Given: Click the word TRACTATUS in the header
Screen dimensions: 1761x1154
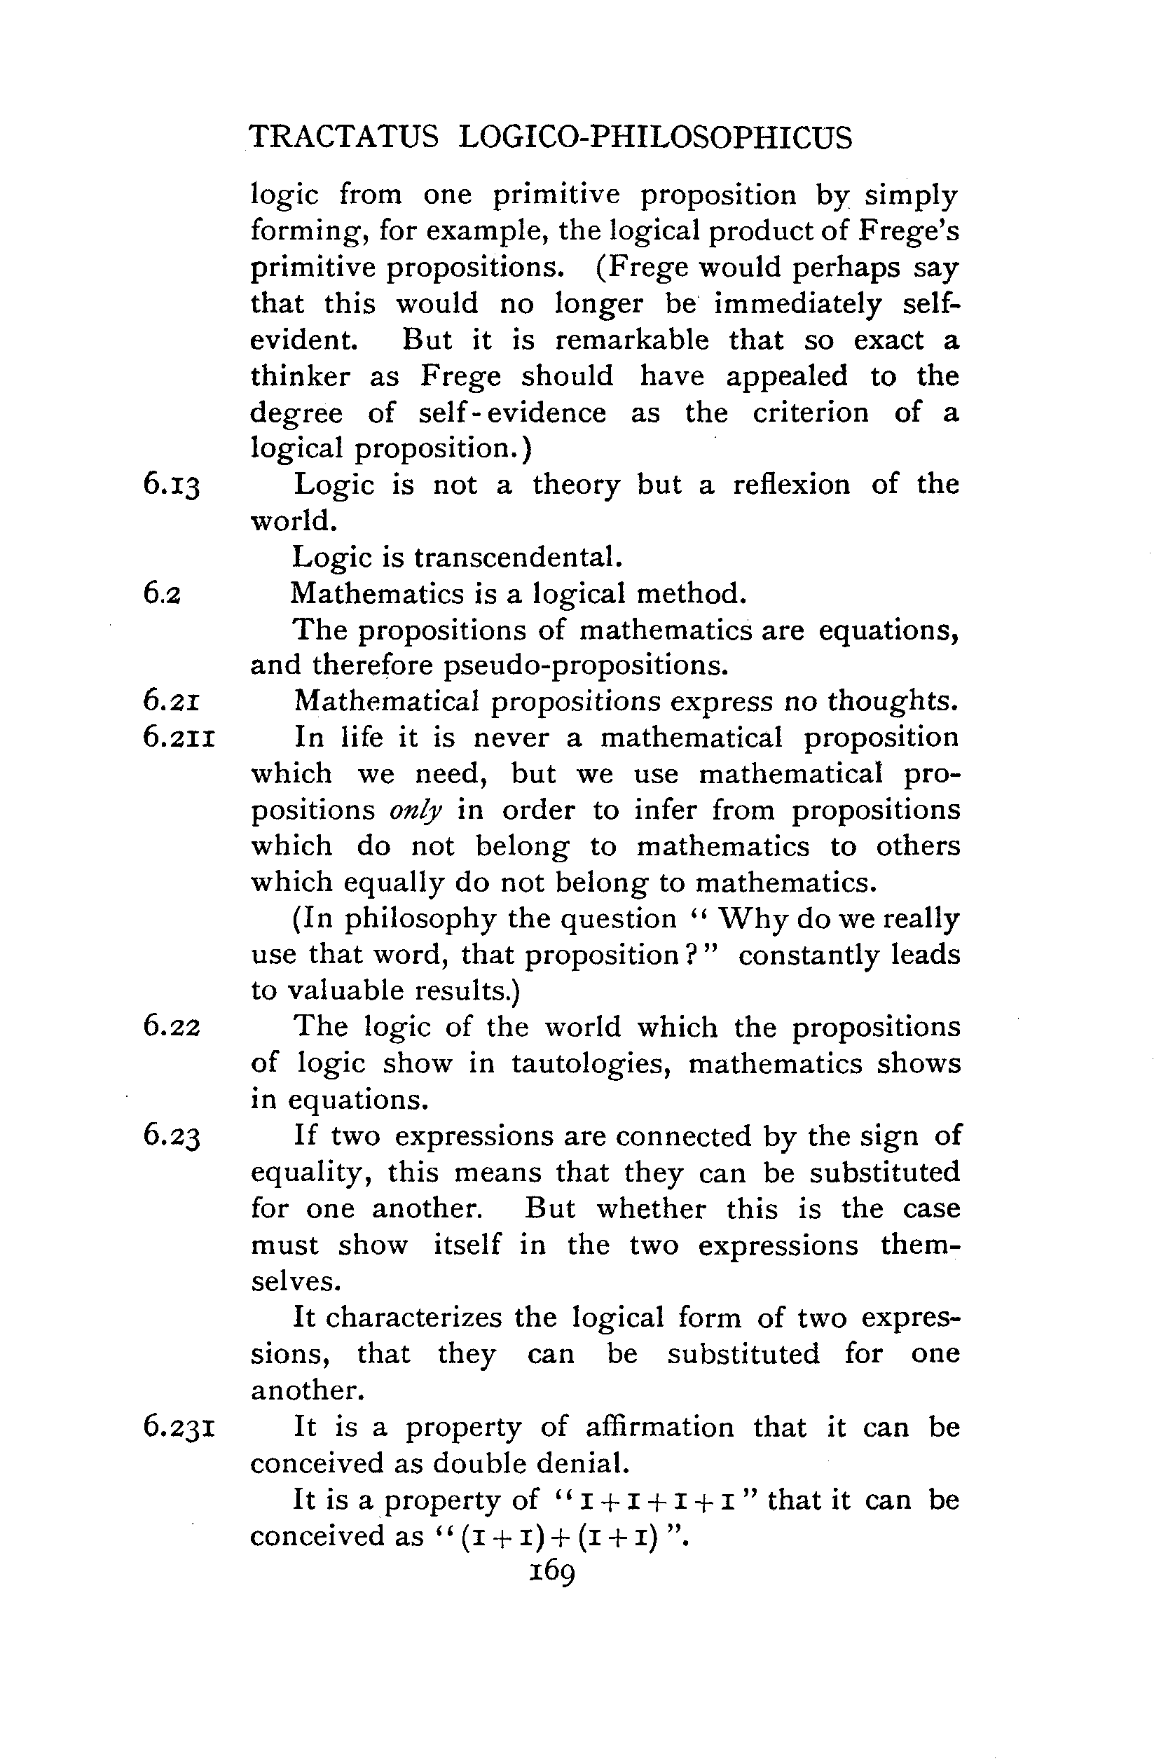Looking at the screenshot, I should pos(343,137).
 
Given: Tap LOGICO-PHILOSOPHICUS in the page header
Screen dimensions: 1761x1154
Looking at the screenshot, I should pos(655,137).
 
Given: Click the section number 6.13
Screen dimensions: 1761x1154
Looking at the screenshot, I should pos(172,485).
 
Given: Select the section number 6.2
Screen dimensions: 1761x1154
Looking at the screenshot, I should pos(162,594).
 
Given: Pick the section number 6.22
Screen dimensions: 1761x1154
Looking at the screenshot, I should pos(172,1027).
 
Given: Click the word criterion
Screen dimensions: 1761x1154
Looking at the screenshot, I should pos(811,412).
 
